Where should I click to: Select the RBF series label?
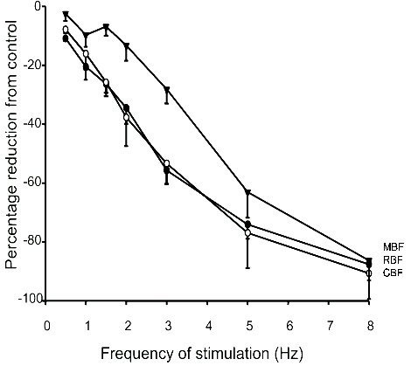tap(391, 260)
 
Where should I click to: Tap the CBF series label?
tap(391, 273)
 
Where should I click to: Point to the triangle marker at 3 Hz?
tap(167, 89)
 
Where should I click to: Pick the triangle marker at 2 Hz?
tap(127, 45)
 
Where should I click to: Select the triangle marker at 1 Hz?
tap(86, 35)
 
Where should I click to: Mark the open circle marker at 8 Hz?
tap(369, 273)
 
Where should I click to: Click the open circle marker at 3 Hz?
tap(167, 163)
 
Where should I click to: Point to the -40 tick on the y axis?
tap(46, 123)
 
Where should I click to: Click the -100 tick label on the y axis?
tap(31, 300)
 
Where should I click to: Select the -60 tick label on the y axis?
tap(33, 183)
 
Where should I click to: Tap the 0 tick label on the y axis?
tap(39, 7)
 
